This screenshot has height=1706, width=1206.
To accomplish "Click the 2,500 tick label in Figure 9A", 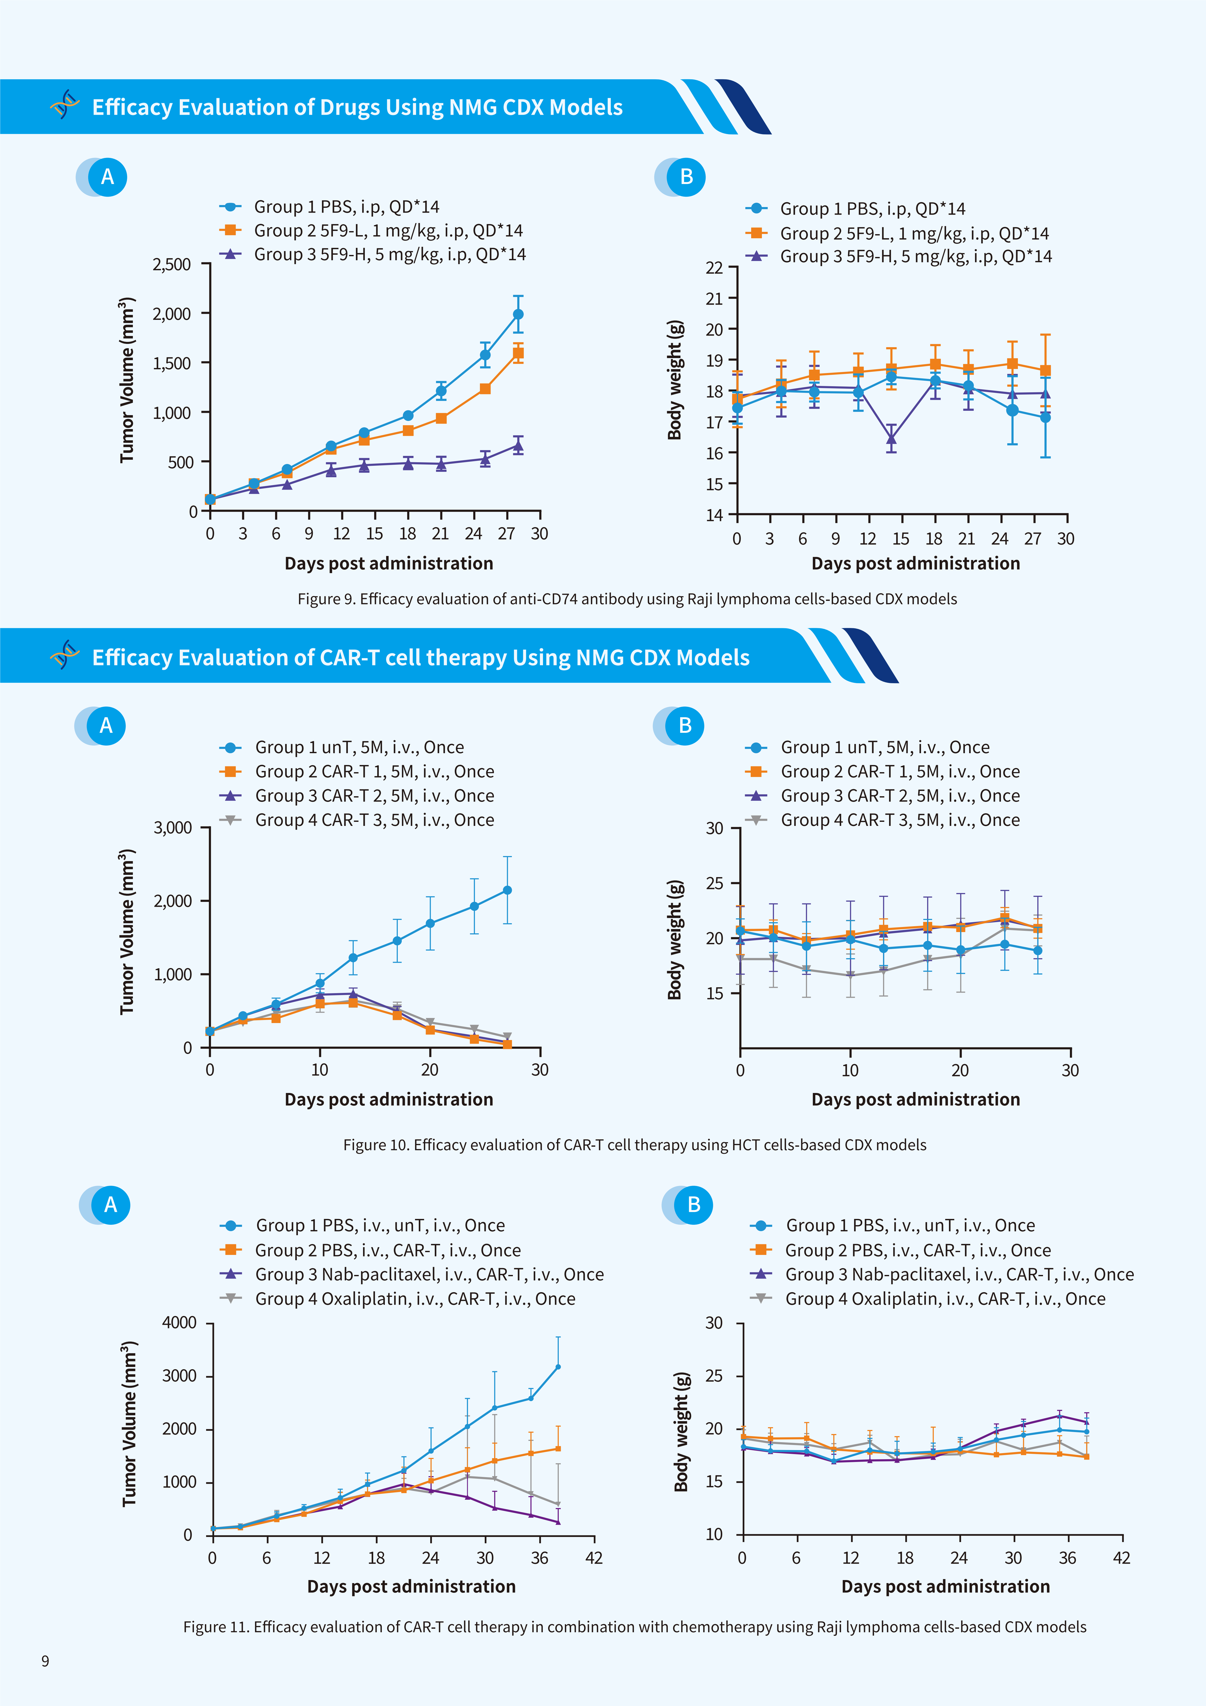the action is click(x=172, y=265).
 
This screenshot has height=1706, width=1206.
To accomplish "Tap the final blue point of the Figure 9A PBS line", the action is click(x=518, y=314).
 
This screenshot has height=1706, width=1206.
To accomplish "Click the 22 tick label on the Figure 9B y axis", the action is click(x=714, y=268).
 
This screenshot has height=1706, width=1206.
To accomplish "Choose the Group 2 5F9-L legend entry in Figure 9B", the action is click(x=897, y=233).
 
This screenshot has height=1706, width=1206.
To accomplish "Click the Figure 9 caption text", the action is click(x=627, y=599).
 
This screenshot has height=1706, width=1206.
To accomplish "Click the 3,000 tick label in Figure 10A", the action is click(x=172, y=828).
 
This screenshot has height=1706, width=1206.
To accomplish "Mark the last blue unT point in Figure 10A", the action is click(x=507, y=890).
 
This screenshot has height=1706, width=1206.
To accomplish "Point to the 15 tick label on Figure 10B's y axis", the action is click(x=714, y=993).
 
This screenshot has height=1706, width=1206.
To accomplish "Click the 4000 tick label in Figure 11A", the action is click(x=179, y=1323).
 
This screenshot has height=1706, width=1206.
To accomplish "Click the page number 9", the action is click(x=45, y=1661).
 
